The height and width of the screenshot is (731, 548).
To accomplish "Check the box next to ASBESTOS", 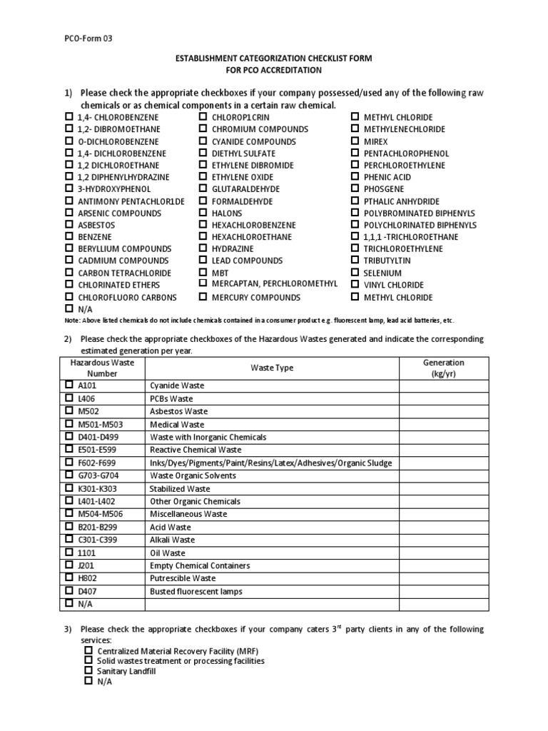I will (x=68, y=224).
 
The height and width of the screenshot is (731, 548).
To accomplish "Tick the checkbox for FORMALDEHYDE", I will (x=203, y=201).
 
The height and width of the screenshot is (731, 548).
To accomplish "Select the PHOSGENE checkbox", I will (x=355, y=188).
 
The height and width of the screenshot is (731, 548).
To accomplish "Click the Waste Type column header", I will (x=272, y=368).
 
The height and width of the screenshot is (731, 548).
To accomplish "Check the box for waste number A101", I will (x=68, y=385).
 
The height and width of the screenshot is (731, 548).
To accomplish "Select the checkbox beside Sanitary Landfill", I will (x=88, y=671).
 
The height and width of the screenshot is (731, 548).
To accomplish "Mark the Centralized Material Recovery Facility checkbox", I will (x=88, y=651).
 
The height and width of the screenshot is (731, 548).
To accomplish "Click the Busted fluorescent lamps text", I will (x=196, y=591).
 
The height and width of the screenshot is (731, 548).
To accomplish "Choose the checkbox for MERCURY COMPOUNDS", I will (x=203, y=297).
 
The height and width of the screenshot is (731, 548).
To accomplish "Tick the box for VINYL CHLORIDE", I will (x=355, y=284).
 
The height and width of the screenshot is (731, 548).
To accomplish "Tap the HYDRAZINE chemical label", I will (x=233, y=248).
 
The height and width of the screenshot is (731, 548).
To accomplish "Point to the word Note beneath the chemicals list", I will (x=73, y=321).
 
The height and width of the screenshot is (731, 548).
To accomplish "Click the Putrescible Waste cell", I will (x=182, y=578).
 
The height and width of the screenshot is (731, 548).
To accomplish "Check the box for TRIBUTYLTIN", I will (x=355, y=261).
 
